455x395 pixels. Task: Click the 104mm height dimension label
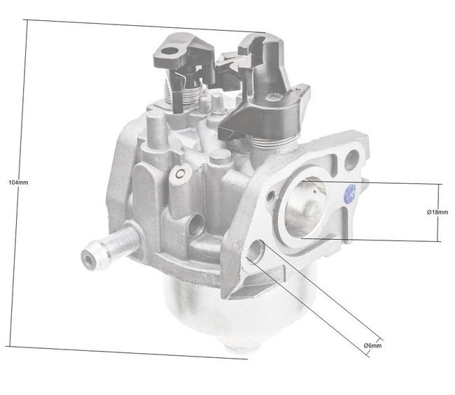tap(18, 182)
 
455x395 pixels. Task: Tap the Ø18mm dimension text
tap(437, 212)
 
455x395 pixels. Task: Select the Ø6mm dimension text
tap(372, 346)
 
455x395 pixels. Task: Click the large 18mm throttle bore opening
tap(310, 207)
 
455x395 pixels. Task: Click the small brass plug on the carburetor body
tap(181, 173)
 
